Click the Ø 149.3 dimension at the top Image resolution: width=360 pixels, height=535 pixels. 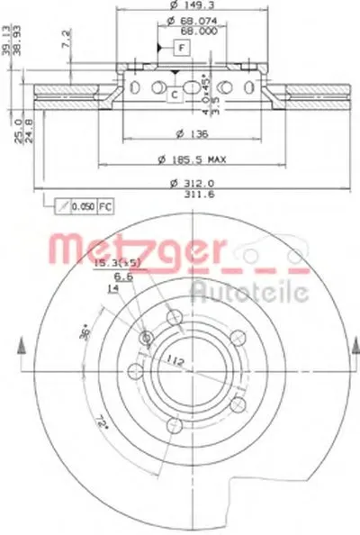(x=184, y=7)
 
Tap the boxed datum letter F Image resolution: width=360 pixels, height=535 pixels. (x=182, y=46)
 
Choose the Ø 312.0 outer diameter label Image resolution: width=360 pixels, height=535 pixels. (x=183, y=185)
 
